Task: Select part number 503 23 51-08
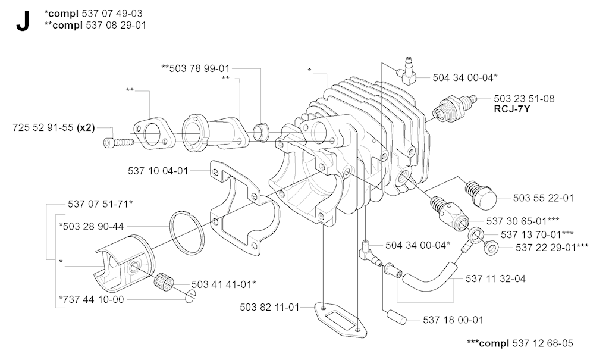(524, 99)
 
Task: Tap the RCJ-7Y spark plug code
(512, 109)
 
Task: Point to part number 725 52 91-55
(43, 127)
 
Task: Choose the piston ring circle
(187, 231)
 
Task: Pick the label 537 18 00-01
(453, 320)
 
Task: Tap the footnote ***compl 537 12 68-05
(520, 343)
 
